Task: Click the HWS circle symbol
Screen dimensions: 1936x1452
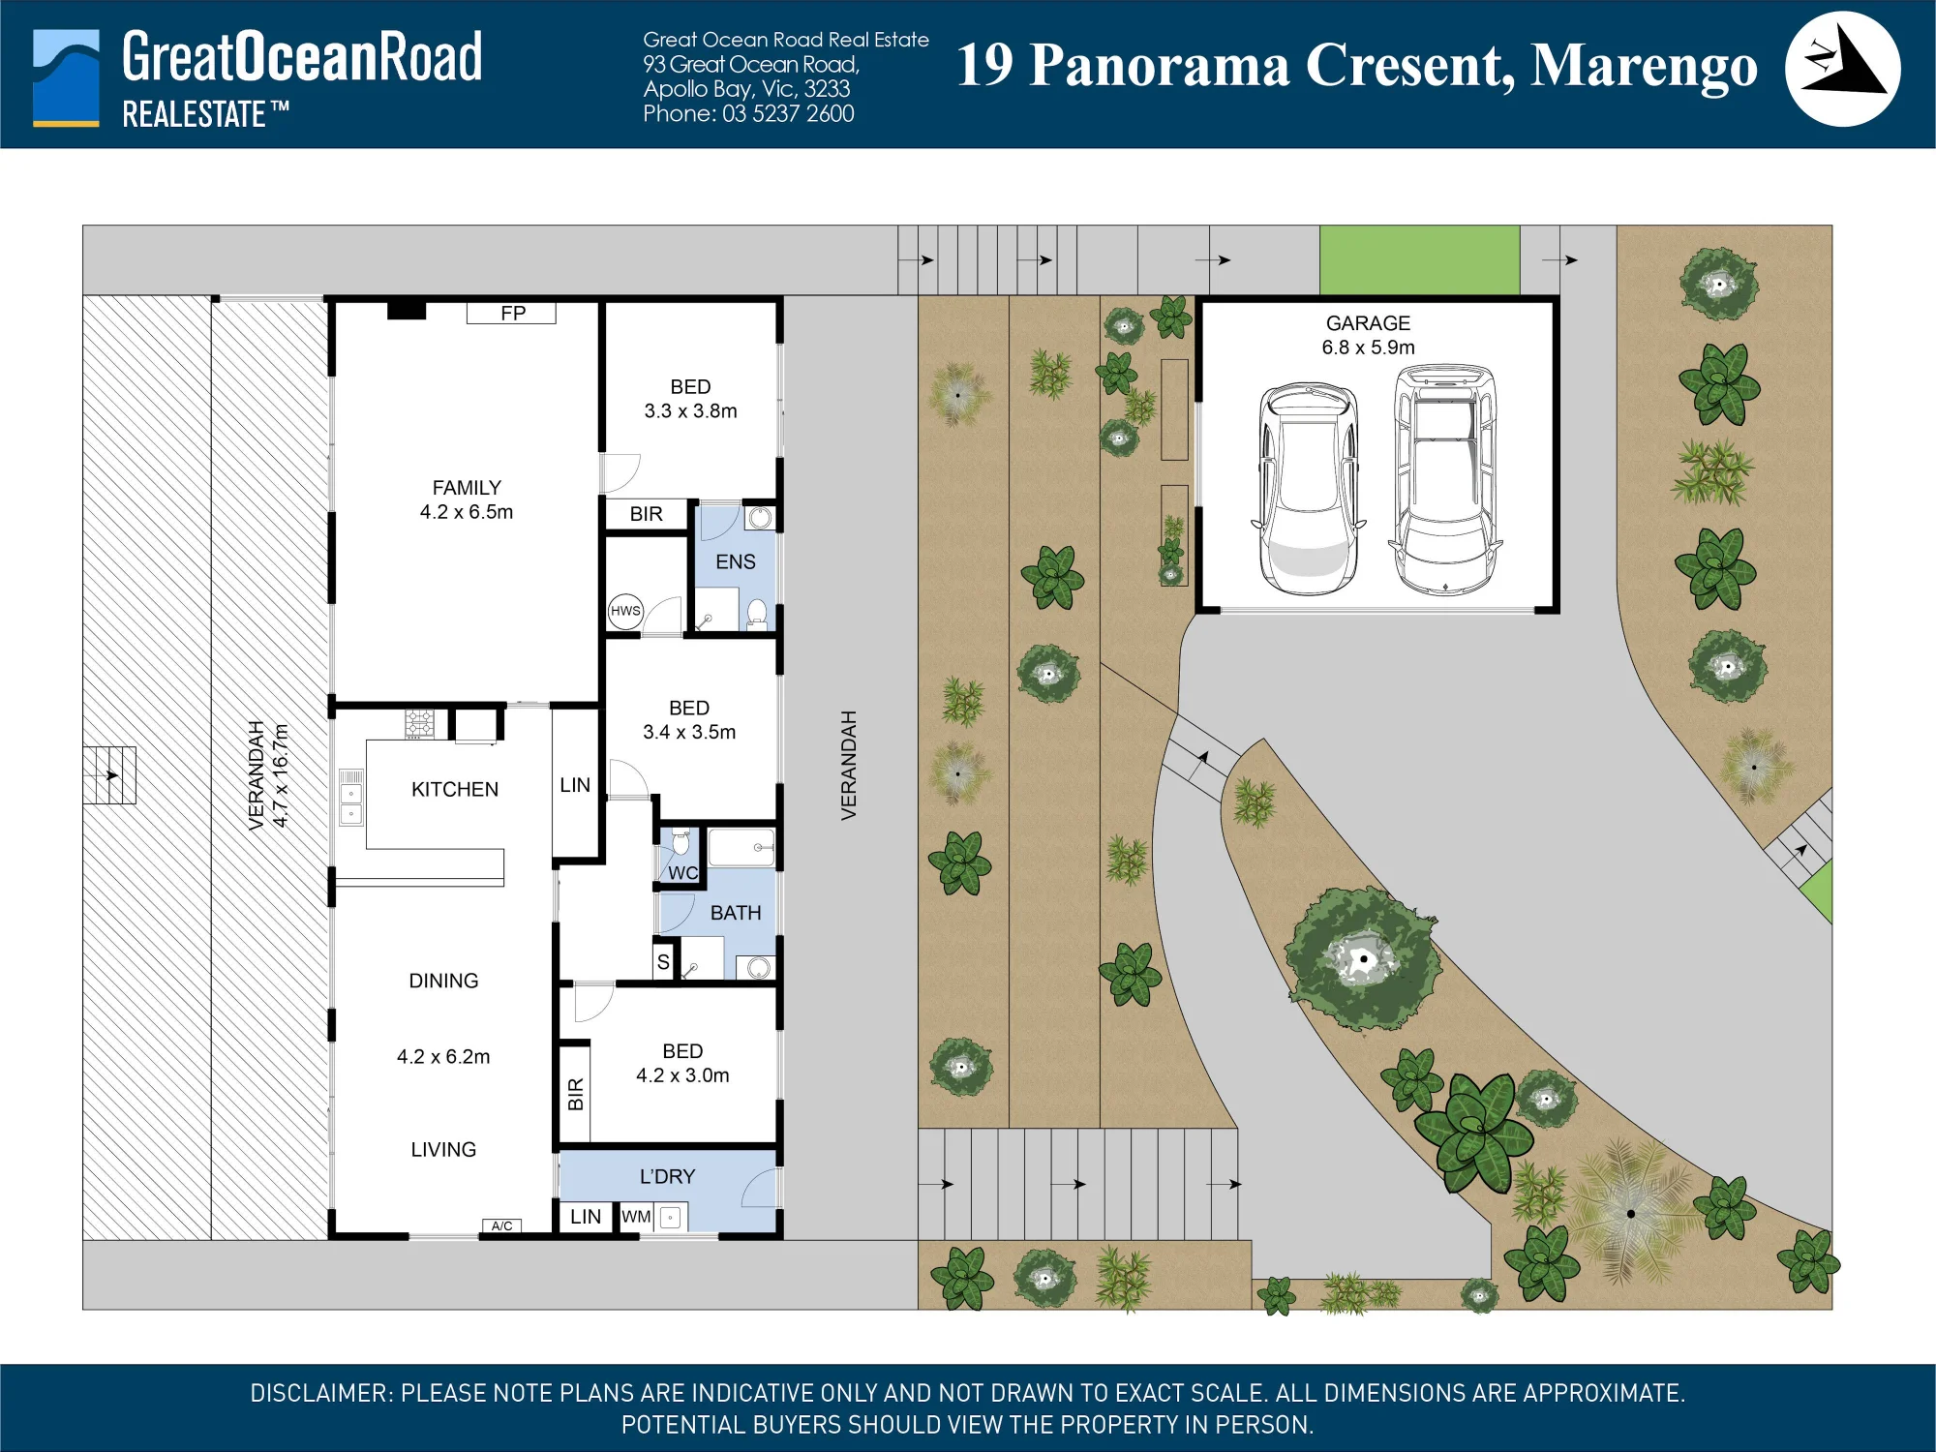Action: pos(625,611)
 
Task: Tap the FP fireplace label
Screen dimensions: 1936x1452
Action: pos(513,313)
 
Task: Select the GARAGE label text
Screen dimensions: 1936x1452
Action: pos(1368,323)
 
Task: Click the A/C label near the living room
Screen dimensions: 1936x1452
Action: pos(501,1225)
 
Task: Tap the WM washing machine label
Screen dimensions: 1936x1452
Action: pos(636,1217)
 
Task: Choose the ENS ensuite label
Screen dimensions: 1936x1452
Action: pos(736,561)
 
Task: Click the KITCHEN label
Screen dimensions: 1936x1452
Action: pos(455,789)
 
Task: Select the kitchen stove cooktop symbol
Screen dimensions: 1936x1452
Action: pos(419,723)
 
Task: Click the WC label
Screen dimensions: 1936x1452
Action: pos(682,872)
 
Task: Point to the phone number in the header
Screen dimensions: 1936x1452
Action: pos(748,113)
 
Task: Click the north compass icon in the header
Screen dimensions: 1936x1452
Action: pos(1842,69)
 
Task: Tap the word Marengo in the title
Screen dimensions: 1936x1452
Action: pos(1644,66)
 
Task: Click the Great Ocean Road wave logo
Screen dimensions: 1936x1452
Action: pos(66,77)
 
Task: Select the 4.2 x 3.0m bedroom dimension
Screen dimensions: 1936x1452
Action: pos(682,1075)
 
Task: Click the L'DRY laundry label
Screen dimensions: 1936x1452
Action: pos(667,1176)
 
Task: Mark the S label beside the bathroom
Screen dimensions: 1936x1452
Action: pos(663,962)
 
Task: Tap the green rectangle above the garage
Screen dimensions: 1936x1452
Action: pos(1419,259)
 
